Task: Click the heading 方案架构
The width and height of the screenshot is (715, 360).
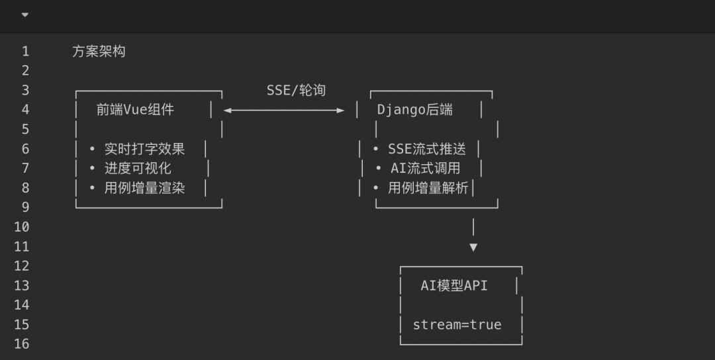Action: tap(99, 51)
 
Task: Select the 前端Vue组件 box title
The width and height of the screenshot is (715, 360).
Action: tap(135, 110)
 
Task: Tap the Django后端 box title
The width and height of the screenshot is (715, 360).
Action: tap(415, 110)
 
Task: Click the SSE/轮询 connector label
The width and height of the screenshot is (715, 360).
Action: tap(296, 90)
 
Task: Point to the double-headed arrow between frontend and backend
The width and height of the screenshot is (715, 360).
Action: tap(284, 110)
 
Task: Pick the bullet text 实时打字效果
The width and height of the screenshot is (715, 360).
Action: tap(144, 149)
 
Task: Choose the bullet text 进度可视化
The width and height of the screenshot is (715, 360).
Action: tap(138, 168)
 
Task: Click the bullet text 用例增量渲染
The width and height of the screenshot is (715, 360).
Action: tap(144, 188)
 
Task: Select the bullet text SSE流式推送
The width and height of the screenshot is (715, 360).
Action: tap(427, 149)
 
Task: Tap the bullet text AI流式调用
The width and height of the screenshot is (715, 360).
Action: tap(425, 168)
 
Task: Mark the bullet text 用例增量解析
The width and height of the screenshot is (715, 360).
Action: tap(428, 188)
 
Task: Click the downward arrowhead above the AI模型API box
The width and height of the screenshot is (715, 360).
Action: tap(473, 247)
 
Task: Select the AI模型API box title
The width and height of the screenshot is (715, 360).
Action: tap(454, 286)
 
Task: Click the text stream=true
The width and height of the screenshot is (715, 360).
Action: tap(457, 325)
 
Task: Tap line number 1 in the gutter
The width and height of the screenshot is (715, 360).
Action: tap(25, 51)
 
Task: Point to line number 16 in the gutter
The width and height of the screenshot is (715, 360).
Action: tap(22, 344)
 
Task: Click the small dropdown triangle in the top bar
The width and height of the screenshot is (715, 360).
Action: tap(25, 15)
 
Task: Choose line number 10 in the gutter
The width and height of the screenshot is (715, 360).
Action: tap(22, 227)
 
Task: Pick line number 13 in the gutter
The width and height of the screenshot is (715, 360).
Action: tap(22, 286)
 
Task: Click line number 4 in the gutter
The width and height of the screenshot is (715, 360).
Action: tap(25, 110)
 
